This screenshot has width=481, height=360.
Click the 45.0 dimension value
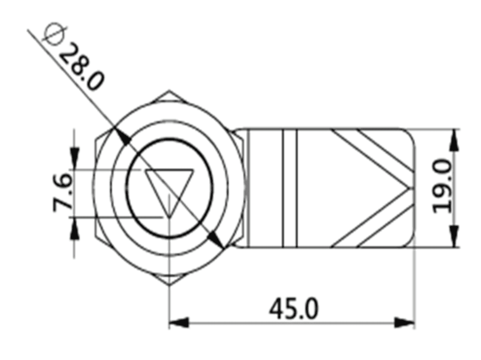[294, 309]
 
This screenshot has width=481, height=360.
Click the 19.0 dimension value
[444, 187]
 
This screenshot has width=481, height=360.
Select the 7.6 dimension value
[63, 193]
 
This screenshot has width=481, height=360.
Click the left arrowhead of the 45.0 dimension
[178, 323]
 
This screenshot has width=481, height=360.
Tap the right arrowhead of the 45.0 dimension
[404, 323]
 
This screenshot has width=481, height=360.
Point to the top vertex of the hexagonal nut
[169, 91]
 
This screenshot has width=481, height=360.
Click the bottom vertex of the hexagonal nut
[169, 285]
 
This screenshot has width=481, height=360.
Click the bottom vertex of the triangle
[169, 217]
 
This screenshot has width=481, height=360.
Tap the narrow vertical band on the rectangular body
[290, 188]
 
